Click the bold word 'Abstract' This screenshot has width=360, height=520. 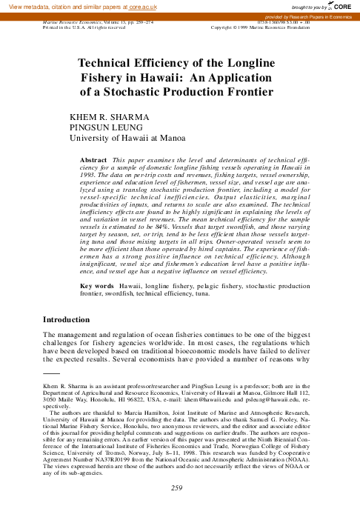93,160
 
